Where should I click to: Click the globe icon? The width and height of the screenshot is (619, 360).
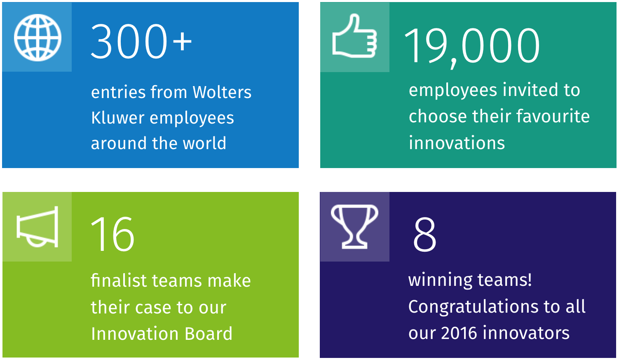pos(38,37)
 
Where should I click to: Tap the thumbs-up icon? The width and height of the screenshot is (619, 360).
pos(354,36)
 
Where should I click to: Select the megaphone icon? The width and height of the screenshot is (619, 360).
pos(38,227)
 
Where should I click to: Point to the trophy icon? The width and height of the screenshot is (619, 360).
pos(354,227)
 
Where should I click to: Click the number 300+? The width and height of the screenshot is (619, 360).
pos(141,41)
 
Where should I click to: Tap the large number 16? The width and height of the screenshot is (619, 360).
pos(113,234)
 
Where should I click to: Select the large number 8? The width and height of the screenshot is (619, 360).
pos(425,234)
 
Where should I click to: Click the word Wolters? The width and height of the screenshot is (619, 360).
pos(222,92)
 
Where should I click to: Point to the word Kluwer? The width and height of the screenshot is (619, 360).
pos(118,118)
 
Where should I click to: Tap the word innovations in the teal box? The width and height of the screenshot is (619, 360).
pos(457,143)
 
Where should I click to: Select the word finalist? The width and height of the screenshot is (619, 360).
pos(119,281)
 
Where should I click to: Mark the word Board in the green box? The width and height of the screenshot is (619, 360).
pos(209,334)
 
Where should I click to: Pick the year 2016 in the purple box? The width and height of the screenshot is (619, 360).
pos(459,333)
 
